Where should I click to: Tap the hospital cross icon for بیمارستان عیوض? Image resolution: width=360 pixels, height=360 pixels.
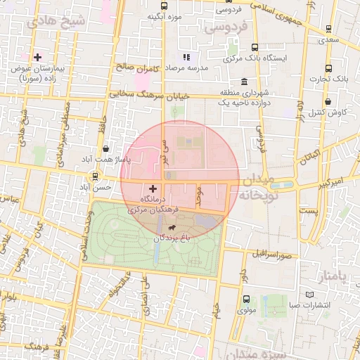click(x=37, y=56)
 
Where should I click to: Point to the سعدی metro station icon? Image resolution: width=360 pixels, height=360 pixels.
click(x=328, y=29)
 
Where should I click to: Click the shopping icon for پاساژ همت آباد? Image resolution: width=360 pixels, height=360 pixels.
click(x=105, y=148)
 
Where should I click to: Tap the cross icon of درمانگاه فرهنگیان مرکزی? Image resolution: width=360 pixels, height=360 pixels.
click(x=153, y=188)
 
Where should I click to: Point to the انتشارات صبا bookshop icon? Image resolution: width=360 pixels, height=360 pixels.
click(x=311, y=293)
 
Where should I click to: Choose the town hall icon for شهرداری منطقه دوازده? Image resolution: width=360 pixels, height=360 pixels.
click(x=244, y=82)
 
